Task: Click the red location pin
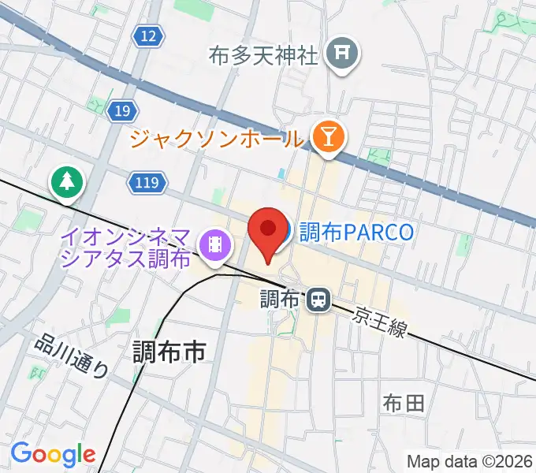267,231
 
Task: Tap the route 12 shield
148,35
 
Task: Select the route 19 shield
121,111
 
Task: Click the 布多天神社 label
263,56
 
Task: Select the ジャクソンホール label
216,140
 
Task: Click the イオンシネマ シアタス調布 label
127,247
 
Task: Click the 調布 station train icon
318,299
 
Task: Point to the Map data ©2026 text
470,461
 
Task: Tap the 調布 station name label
280,299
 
